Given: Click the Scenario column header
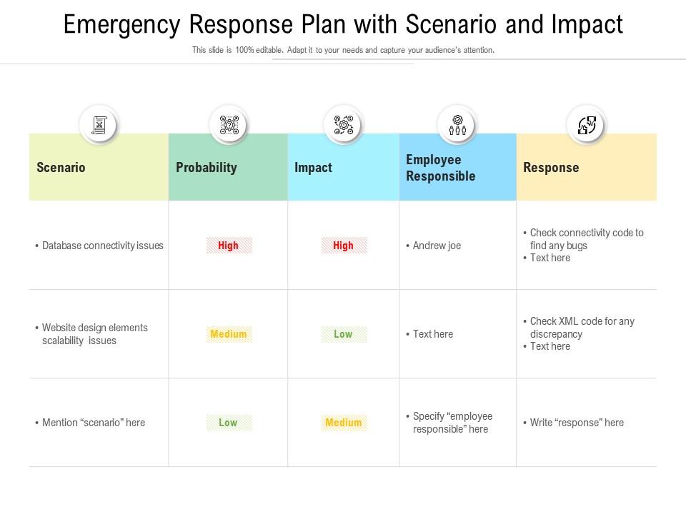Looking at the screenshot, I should pyautogui.click(x=61, y=168).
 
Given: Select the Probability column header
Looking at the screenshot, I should pyautogui.click(x=206, y=168).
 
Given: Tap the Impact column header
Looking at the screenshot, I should pyautogui.click(x=313, y=168).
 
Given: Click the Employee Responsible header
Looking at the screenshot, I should pyautogui.click(x=440, y=168).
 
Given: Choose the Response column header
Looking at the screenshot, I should pyautogui.click(x=551, y=168).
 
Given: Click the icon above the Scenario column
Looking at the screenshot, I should pyautogui.click(x=99, y=125).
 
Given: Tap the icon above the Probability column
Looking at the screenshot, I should pyautogui.click(x=228, y=125).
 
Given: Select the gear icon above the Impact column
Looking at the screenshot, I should pyautogui.click(x=343, y=125).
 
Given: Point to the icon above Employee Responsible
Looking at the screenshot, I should pyautogui.click(x=457, y=125).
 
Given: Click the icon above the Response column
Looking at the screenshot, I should pyautogui.click(x=586, y=125).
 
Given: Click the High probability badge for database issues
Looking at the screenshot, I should pyautogui.click(x=229, y=246).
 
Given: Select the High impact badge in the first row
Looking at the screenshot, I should pyautogui.click(x=344, y=246).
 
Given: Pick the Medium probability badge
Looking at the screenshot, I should pyautogui.click(x=229, y=334).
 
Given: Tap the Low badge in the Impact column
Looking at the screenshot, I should pyautogui.click(x=344, y=334).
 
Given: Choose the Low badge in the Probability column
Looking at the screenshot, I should pyautogui.click(x=229, y=423).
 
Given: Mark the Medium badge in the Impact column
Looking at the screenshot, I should pyautogui.click(x=344, y=423).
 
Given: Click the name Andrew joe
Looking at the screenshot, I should pyautogui.click(x=437, y=246).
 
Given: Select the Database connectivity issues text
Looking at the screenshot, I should pyautogui.click(x=102, y=246).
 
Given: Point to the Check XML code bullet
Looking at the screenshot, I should pyautogui.click(x=582, y=328).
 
